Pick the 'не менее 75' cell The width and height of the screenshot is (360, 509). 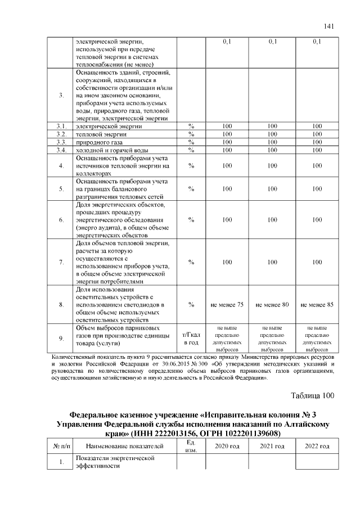227,304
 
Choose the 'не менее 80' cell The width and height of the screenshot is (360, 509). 272,304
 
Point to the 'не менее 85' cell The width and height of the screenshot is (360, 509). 317,304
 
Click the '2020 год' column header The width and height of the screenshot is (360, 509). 227,446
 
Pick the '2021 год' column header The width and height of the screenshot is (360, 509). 272,446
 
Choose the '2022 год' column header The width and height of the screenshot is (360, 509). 317,446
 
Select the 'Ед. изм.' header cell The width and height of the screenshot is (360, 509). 191,446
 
